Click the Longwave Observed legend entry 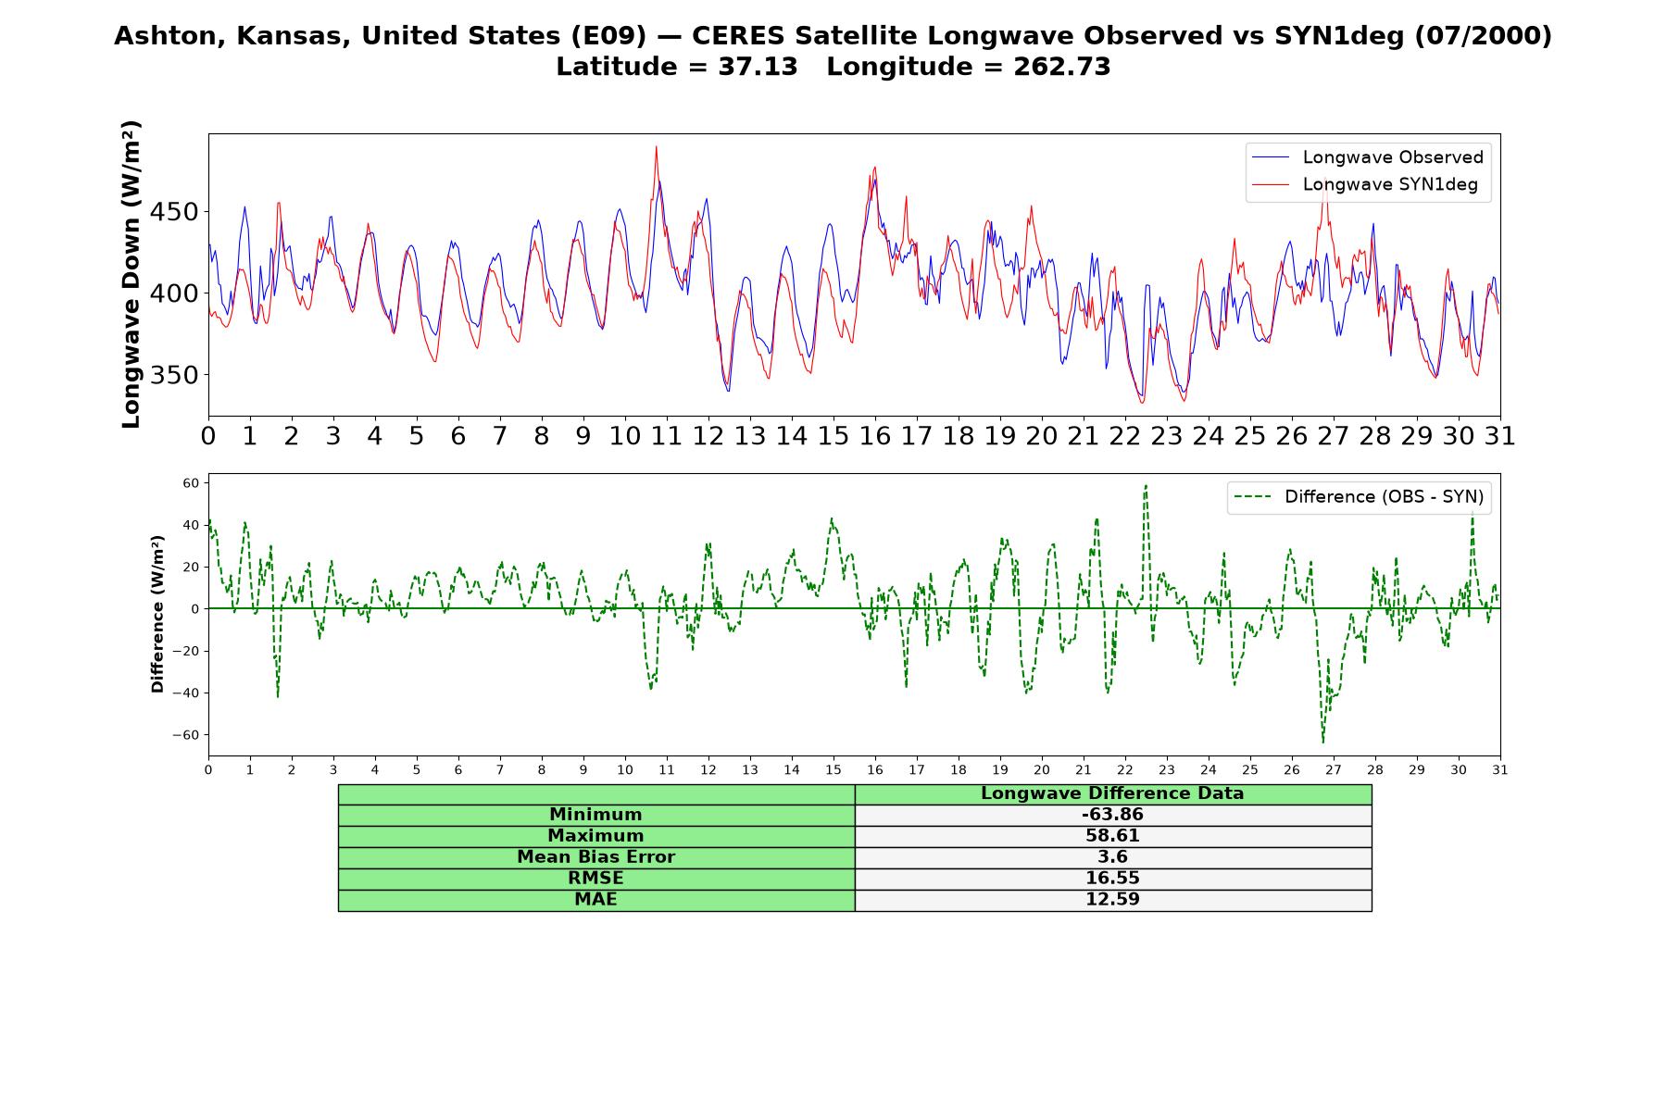(x=1367, y=157)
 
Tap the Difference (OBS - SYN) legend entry (x=1359, y=497)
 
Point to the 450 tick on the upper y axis (x=173, y=212)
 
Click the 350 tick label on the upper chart (x=173, y=375)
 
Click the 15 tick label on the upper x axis (x=833, y=436)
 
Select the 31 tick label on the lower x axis (x=1500, y=769)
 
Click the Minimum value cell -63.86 (x=1112, y=815)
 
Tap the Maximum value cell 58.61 (x=1112, y=836)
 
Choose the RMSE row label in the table (x=595, y=879)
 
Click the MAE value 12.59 (x=1112, y=900)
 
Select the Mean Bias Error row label (x=595, y=857)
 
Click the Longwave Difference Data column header (x=1112, y=793)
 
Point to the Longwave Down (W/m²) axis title (x=131, y=274)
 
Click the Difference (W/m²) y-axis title (x=157, y=614)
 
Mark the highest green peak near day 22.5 (x=1146, y=485)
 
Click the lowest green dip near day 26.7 (x=1322, y=743)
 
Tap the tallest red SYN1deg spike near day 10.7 (x=656, y=146)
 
